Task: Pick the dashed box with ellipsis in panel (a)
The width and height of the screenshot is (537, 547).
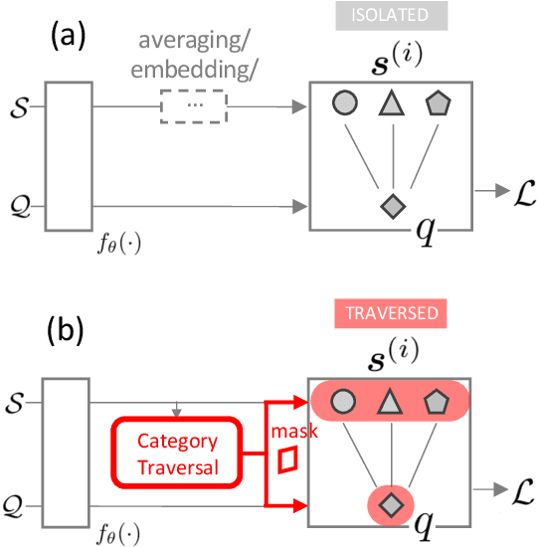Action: click(x=193, y=103)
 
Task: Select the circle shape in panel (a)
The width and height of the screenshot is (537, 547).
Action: click(x=343, y=104)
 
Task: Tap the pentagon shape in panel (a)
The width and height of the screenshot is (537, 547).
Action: click(x=439, y=103)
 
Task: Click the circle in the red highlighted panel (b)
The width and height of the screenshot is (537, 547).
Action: click(x=343, y=402)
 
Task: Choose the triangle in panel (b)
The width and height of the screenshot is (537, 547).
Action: click(x=391, y=402)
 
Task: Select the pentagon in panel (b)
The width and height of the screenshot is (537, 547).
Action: click(x=439, y=401)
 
